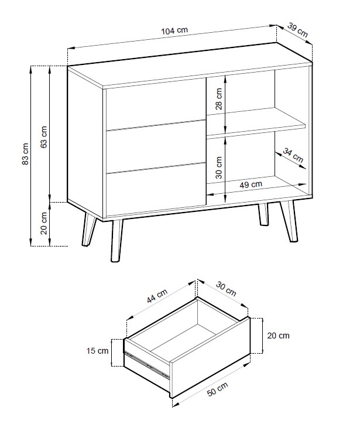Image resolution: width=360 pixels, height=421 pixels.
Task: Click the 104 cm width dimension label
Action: pyautogui.click(x=174, y=30)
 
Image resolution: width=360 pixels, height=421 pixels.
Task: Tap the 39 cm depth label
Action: pyautogui.click(x=298, y=29)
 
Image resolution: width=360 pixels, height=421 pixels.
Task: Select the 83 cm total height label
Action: pyautogui.click(x=25, y=154)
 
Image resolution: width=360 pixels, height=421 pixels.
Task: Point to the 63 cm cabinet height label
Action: pyautogui.click(x=44, y=137)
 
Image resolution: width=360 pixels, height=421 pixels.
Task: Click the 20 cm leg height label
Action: pyautogui.click(x=44, y=224)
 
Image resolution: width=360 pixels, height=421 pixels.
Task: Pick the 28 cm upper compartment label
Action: pyautogui.click(x=219, y=99)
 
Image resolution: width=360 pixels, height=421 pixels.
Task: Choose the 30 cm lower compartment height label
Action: pyautogui.click(x=219, y=167)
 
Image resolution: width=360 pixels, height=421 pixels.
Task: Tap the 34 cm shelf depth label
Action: pyautogui.click(x=293, y=155)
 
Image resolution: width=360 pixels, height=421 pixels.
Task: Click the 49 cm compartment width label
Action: pyautogui.click(x=251, y=184)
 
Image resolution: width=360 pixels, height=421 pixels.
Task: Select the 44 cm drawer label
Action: pyautogui.click(x=157, y=296)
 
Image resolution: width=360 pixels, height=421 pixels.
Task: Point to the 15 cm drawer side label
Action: pyautogui.click(x=97, y=351)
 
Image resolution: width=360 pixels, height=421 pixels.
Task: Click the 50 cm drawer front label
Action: pyautogui.click(x=218, y=389)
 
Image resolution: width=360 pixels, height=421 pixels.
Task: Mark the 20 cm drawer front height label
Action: pyautogui.click(x=279, y=336)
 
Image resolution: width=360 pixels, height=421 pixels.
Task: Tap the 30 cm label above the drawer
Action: pyautogui.click(x=226, y=289)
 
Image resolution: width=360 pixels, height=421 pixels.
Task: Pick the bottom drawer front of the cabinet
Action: pyautogui.click(x=156, y=189)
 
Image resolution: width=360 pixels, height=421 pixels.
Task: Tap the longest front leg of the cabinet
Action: pyautogui.click(x=116, y=241)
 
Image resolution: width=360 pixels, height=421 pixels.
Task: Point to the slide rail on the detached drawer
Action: pyautogui.click(x=147, y=365)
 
